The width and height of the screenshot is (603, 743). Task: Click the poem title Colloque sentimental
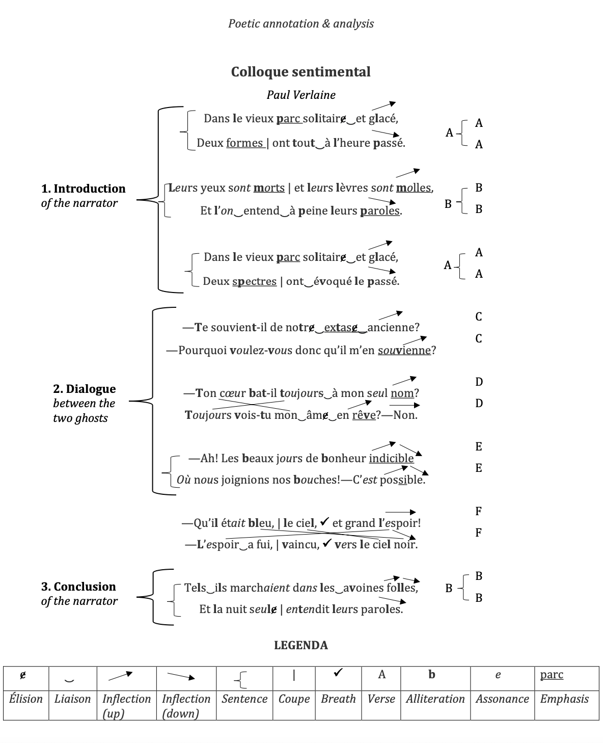pyautogui.click(x=300, y=72)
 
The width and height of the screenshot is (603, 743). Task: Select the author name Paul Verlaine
pyautogui.click(x=301, y=95)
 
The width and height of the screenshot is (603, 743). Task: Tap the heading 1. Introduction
pyautogui.click(x=83, y=189)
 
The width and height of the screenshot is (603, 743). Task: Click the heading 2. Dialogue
pyautogui.click(x=84, y=389)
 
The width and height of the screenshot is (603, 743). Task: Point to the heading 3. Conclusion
pyautogui.click(x=78, y=587)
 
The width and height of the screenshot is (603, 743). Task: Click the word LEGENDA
pyautogui.click(x=301, y=645)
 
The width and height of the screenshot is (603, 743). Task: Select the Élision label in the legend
pyautogui.click(x=25, y=699)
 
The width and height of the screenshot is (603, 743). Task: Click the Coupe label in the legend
pyautogui.click(x=294, y=699)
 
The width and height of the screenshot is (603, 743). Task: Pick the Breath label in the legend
pyautogui.click(x=338, y=699)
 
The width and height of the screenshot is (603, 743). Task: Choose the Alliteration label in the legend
pyautogui.click(x=435, y=699)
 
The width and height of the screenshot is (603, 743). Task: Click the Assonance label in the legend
pyautogui.click(x=502, y=699)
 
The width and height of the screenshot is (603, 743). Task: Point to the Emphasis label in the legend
pyautogui.click(x=564, y=699)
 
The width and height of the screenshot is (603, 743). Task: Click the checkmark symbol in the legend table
pyautogui.click(x=338, y=674)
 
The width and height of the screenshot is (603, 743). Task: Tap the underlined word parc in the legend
pyautogui.click(x=552, y=675)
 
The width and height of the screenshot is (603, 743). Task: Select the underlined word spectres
pyautogui.click(x=254, y=281)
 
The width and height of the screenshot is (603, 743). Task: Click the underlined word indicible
pyautogui.click(x=391, y=458)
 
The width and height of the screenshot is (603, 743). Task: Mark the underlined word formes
pyautogui.click(x=244, y=143)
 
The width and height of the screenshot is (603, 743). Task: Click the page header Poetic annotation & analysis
pyautogui.click(x=301, y=23)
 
